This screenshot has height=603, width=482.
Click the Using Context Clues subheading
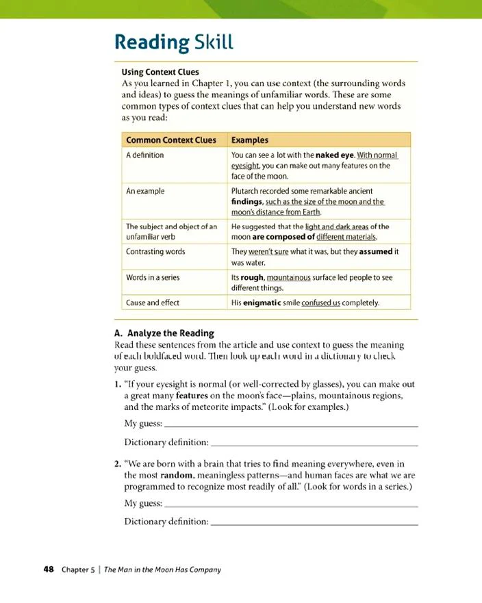click(x=160, y=72)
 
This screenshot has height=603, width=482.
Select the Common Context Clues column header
click(x=170, y=140)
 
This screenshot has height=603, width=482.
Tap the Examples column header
click(x=249, y=140)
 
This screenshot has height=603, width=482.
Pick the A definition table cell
click(x=144, y=155)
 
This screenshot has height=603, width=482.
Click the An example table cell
click(x=145, y=191)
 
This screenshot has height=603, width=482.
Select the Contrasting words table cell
click(x=155, y=251)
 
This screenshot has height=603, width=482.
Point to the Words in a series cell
click(x=154, y=278)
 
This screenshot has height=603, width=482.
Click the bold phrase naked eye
click(x=333, y=155)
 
